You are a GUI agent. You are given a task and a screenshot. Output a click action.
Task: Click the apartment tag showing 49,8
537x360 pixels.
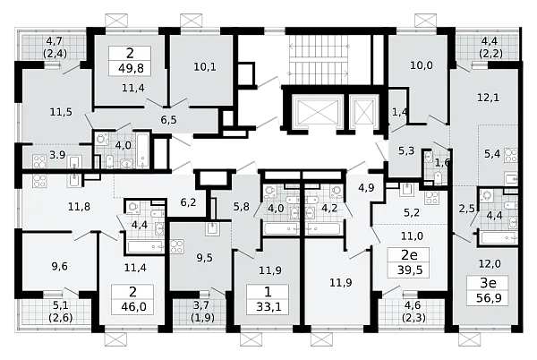130,61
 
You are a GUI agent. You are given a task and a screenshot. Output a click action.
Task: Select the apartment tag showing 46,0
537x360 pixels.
132,299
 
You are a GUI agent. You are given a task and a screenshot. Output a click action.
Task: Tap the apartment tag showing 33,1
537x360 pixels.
268,299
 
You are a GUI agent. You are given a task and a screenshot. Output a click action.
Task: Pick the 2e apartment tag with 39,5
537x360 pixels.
409,262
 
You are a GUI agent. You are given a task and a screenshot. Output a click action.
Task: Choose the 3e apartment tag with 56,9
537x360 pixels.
488,290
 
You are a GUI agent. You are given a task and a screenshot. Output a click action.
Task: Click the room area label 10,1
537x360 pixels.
205,67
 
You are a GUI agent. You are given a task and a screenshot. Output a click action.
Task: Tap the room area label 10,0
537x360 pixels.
422,65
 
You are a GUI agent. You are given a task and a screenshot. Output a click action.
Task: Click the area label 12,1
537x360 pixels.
489,98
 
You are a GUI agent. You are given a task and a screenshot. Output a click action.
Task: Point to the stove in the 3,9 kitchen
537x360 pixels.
39,162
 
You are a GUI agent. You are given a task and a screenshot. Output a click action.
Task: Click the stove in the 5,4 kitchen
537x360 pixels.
511,155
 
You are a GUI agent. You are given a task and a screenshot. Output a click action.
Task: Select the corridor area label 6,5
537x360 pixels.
169,120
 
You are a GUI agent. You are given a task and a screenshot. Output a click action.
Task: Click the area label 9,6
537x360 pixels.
60,266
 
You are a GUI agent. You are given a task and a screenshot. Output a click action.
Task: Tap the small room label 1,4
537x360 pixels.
399,112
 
